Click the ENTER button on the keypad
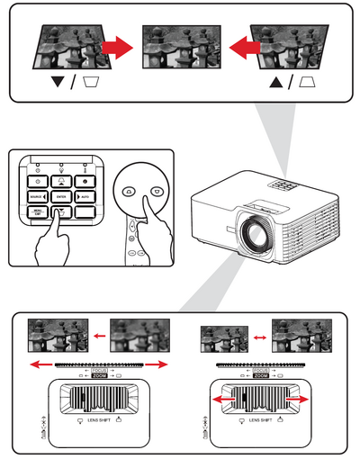[x=61, y=195]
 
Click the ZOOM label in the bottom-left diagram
[x=99, y=373]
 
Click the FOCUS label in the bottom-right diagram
[x=261, y=367]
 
